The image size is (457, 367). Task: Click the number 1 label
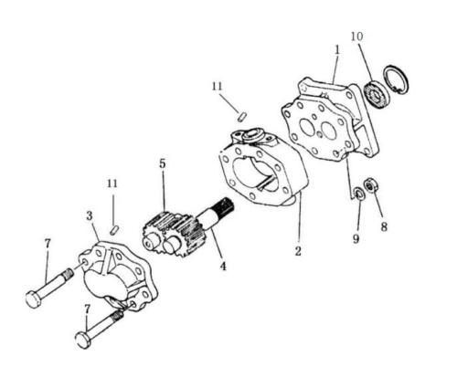coord(336,50)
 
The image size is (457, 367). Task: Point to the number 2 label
coord(298,251)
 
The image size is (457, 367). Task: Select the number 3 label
coord(90,215)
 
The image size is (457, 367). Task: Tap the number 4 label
coord(223,267)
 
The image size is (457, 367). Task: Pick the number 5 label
coord(163,163)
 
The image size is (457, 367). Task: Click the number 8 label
coord(384,226)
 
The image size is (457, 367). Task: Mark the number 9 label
coord(356,238)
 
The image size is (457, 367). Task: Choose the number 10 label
coord(356,37)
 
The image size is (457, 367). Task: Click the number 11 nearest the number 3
coord(112,183)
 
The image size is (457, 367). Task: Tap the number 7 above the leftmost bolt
coord(48,244)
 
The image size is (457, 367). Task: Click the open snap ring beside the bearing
coord(396,79)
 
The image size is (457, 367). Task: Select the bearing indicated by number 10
coord(376,96)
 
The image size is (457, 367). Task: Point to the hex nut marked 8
coord(371,185)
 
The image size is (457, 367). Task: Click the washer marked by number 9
coord(358,194)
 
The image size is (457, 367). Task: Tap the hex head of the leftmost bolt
coord(33,299)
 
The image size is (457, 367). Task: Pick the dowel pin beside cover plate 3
coord(114,230)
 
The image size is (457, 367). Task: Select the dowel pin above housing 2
coord(242,117)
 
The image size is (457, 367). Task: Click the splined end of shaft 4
coord(227,205)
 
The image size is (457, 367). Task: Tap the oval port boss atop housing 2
coord(252,135)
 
